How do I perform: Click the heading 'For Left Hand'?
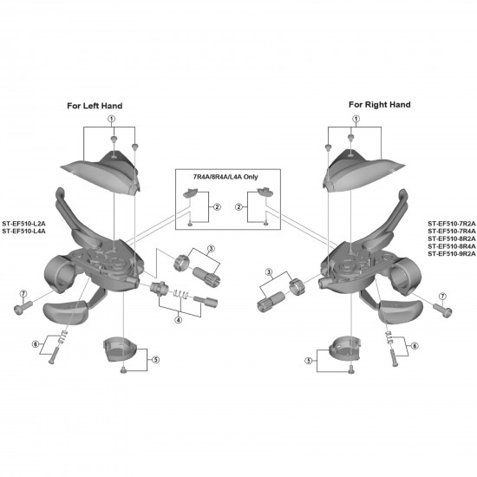pyautogui.click(x=95, y=106)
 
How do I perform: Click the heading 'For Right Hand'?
pyautogui.click(x=380, y=105)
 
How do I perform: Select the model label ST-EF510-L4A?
pyautogui.click(x=24, y=232)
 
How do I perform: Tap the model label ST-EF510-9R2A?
pyautogui.click(x=452, y=254)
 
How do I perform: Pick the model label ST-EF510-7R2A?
pyautogui.click(x=452, y=224)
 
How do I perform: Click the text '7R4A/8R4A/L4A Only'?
pyautogui.click(x=225, y=177)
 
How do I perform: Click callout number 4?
pyautogui.click(x=179, y=320)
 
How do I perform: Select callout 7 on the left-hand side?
pyautogui.click(x=23, y=294)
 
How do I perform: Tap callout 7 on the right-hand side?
pyautogui.click(x=443, y=296)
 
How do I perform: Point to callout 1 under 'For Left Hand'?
pyautogui.click(x=112, y=118)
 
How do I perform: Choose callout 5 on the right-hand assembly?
pyautogui.click(x=309, y=361)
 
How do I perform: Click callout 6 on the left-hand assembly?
pyautogui.click(x=36, y=344)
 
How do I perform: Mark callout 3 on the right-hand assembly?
pyautogui.click(x=269, y=272)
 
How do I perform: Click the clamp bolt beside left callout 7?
pyautogui.click(x=23, y=307)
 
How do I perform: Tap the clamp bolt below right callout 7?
pyautogui.click(x=443, y=310)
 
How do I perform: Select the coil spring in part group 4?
pyautogui.click(x=181, y=294)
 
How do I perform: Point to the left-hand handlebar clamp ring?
pyautogui.click(x=58, y=274)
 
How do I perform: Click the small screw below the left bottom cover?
pyautogui.click(x=123, y=370)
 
